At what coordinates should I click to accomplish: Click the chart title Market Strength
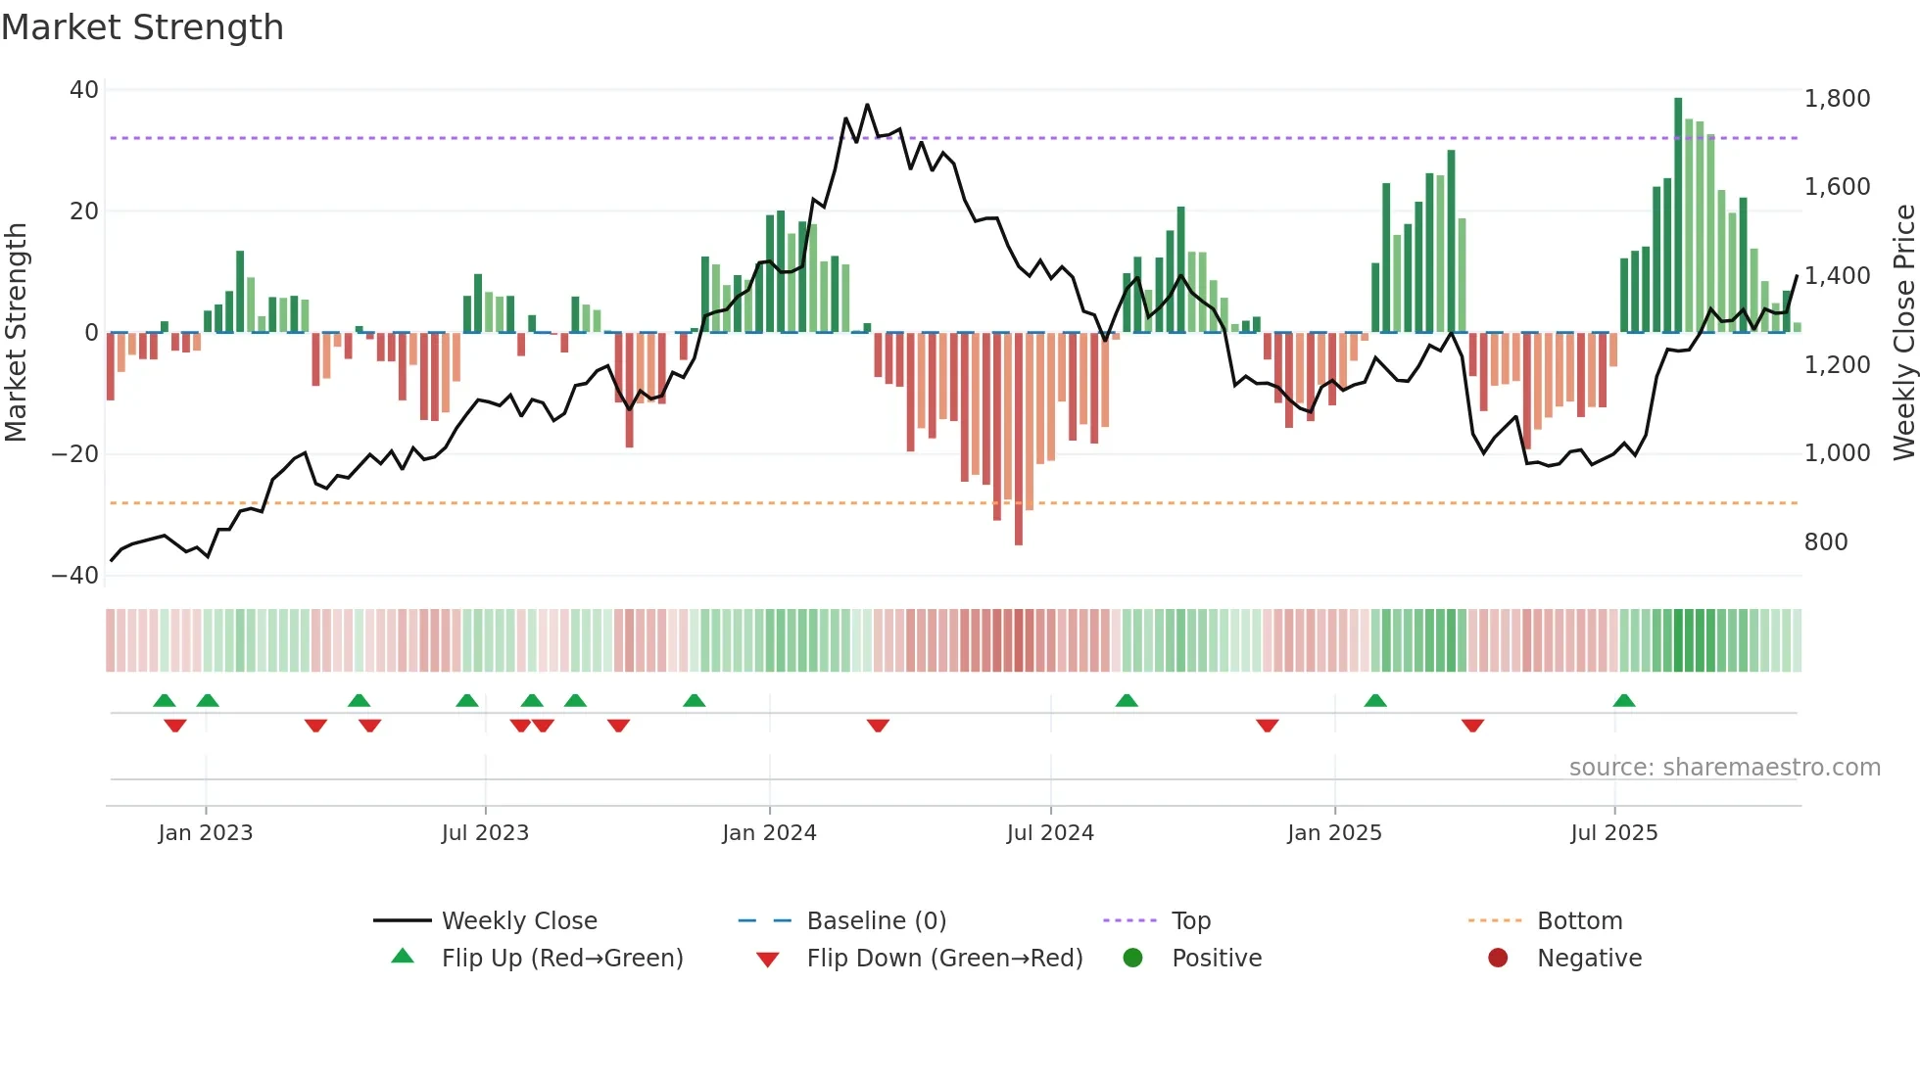[142, 27]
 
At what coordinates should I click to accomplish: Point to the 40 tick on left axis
[84, 90]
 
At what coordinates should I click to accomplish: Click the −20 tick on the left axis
[75, 454]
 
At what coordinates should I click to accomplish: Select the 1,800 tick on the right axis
[1837, 99]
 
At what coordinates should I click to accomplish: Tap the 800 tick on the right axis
[1826, 542]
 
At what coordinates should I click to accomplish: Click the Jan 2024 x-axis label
[769, 833]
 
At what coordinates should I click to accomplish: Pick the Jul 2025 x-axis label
[1613, 833]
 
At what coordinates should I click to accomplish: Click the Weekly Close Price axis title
[1903, 333]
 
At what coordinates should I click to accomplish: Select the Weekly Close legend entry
[518, 921]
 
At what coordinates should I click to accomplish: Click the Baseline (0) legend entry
[876, 921]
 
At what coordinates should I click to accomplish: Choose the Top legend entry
[1190, 921]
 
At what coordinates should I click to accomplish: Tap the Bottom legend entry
[1579, 921]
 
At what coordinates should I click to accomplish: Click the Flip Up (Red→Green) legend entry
[561, 959]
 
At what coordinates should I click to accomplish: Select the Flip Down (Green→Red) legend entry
[944, 959]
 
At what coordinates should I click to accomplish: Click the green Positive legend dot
[1132, 959]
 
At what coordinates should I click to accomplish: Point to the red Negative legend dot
[1498, 959]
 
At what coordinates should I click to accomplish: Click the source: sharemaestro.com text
[1724, 768]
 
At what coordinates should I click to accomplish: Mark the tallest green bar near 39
[1678, 215]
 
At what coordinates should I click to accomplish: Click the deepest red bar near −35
[1019, 441]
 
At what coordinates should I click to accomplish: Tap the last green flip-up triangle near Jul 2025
[1624, 701]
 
